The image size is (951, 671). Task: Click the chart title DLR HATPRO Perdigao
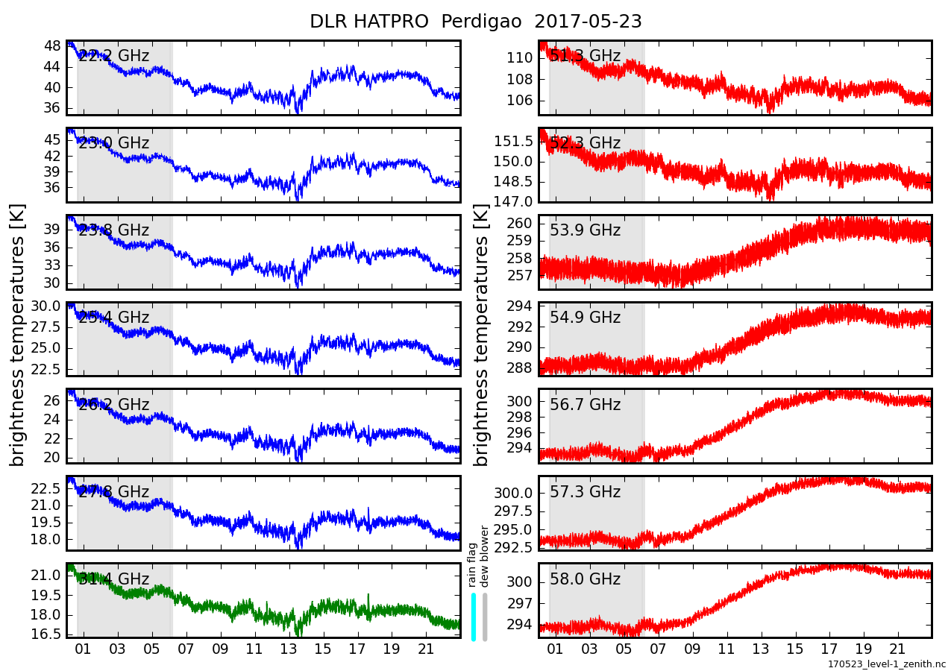[x=475, y=22]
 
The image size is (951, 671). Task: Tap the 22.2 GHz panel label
[x=113, y=56]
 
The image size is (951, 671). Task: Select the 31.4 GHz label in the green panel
[x=113, y=579]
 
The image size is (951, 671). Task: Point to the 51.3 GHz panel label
[x=585, y=56]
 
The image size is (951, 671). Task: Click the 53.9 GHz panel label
[x=585, y=230]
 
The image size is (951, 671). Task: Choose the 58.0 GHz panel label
[x=585, y=579]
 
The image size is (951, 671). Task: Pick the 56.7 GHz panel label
[x=585, y=405]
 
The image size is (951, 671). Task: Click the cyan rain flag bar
[x=474, y=617]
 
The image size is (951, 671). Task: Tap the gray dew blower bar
[x=485, y=617]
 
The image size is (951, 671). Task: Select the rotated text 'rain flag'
[x=472, y=565]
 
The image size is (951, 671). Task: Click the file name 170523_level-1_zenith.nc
[x=886, y=664]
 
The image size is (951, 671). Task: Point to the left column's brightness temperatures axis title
[x=18, y=335]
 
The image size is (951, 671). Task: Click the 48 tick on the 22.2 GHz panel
[x=52, y=45]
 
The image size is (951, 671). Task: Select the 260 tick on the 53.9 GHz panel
[x=522, y=223]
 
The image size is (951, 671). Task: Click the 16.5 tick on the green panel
[x=48, y=634]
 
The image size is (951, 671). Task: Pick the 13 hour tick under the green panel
[x=289, y=649]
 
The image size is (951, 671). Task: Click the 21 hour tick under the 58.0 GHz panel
[x=899, y=649]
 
